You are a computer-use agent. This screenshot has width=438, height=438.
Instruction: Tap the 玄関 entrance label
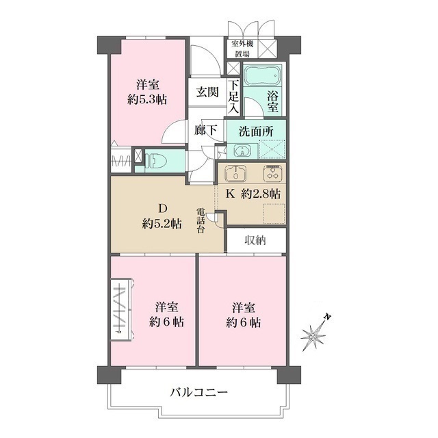207,92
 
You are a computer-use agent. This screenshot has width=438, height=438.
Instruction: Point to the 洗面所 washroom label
255,130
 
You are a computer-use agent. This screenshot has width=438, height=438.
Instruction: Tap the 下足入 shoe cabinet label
234,96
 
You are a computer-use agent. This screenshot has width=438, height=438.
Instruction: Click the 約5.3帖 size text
148,99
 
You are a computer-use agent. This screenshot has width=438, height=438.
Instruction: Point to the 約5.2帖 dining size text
162,223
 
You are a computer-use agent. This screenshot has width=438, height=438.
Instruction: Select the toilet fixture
157,159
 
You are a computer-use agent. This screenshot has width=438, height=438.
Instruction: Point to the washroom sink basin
242,150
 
